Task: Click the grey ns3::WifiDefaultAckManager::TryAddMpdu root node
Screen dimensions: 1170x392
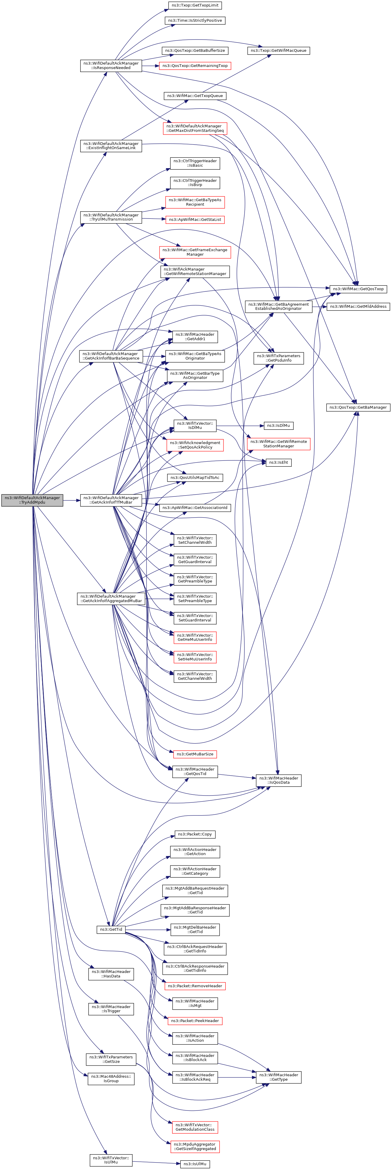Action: tap(32, 500)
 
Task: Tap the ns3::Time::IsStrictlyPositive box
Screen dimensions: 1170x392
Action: tap(195, 21)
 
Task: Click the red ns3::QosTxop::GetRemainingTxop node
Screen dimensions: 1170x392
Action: tap(195, 65)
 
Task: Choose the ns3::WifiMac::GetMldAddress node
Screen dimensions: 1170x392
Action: tap(358, 306)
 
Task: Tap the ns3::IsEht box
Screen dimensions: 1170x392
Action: tap(278, 462)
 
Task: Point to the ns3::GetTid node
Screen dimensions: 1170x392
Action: tap(111, 929)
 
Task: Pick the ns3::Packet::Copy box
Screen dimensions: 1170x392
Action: tap(195, 834)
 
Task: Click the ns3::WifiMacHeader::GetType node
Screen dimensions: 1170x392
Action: tap(278, 1077)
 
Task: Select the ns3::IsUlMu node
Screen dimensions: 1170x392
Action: tap(195, 1164)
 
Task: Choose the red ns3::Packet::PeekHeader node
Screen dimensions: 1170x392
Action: tap(195, 1021)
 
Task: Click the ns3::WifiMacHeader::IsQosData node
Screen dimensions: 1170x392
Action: tap(278, 780)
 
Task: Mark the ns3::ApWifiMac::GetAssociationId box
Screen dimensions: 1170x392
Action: tap(195, 507)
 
